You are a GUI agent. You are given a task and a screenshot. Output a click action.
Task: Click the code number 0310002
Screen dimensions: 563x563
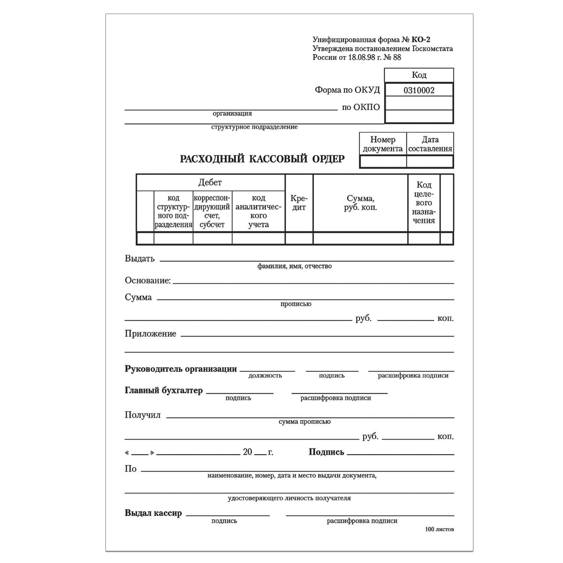[x=419, y=90]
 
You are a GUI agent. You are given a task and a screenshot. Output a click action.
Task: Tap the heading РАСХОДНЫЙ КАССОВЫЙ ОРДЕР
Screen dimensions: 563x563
[x=262, y=159]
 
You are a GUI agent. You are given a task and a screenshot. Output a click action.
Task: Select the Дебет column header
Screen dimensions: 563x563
[x=210, y=182]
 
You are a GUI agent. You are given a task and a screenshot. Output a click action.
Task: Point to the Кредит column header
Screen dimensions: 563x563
[x=299, y=203]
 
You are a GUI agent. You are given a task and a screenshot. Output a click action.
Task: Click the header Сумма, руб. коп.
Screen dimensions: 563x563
[x=360, y=203]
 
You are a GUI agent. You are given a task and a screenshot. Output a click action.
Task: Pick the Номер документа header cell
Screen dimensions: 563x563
[x=382, y=144]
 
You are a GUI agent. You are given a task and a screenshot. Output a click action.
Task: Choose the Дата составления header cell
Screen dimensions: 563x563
[x=430, y=144]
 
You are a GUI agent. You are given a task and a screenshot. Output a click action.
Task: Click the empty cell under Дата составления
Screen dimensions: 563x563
[x=430, y=162]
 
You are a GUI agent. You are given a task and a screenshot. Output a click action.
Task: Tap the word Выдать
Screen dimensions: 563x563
[x=140, y=259]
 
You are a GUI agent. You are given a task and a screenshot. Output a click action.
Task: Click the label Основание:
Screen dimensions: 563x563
[x=148, y=280]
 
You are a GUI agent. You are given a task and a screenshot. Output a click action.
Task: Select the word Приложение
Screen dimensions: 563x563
[x=151, y=334]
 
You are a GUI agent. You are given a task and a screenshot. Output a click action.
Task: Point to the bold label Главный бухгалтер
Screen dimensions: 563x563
[x=164, y=390]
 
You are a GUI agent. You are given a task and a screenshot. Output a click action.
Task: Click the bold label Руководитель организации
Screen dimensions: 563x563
[x=181, y=369]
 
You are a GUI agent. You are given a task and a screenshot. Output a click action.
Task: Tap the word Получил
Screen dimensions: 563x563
[x=143, y=415]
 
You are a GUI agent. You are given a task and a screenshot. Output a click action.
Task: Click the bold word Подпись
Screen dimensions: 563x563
[x=326, y=452]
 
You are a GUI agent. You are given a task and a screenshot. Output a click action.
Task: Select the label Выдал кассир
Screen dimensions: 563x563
[x=153, y=513]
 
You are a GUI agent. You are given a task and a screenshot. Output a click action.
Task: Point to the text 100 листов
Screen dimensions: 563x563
[x=439, y=529]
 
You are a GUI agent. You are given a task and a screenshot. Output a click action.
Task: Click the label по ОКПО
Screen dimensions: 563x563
[x=361, y=107]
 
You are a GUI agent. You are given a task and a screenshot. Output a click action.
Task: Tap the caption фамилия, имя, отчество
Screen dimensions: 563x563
[x=294, y=266]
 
